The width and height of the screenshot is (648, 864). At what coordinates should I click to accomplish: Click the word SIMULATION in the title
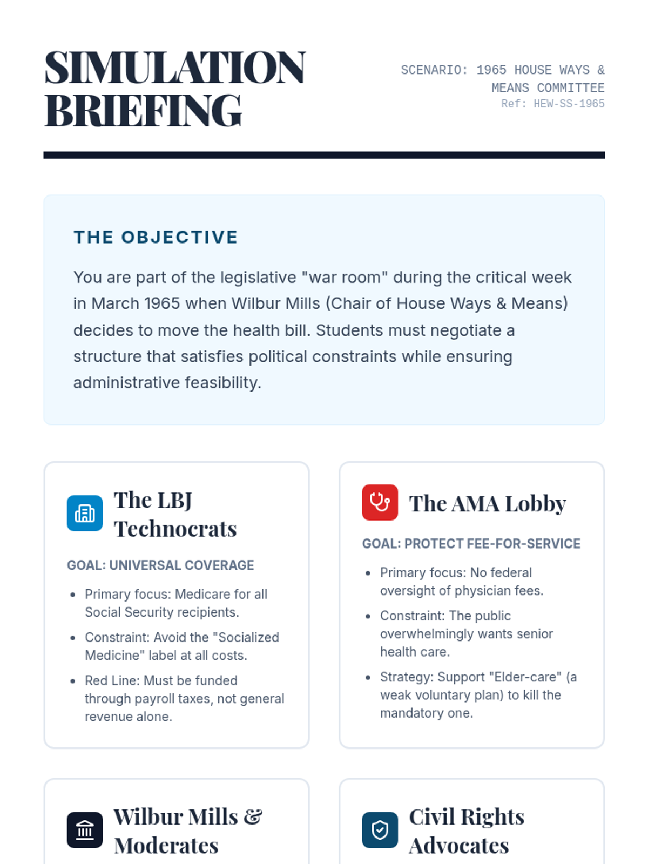[x=175, y=68]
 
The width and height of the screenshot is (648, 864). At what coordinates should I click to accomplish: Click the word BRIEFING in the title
[x=143, y=111]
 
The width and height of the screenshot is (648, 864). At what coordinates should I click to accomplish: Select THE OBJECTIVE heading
[x=156, y=237]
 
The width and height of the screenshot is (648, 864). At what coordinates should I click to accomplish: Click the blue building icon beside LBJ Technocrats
[x=85, y=513]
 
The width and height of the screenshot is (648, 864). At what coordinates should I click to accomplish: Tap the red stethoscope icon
[x=380, y=502]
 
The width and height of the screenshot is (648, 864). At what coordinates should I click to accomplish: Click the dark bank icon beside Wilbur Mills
[x=85, y=829]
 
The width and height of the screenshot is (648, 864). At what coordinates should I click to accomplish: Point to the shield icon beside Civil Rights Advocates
[x=380, y=829]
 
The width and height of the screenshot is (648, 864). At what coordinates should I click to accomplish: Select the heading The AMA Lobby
[x=487, y=503]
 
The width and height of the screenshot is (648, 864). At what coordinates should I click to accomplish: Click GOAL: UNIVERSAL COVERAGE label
[x=160, y=565]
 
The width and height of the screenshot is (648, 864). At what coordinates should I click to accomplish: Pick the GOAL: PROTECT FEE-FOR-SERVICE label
[x=471, y=543]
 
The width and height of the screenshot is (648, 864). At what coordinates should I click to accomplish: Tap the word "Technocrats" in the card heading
[x=175, y=529]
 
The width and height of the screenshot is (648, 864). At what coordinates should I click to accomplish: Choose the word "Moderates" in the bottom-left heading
[x=166, y=846]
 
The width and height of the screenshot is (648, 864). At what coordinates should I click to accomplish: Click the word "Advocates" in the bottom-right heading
[x=458, y=846]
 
